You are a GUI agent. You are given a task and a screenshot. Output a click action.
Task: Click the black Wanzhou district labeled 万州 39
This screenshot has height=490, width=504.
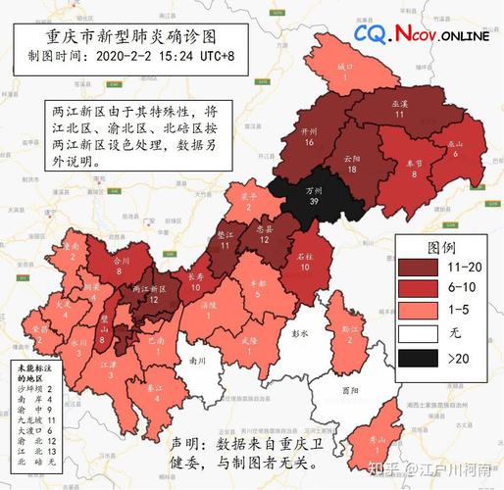314,195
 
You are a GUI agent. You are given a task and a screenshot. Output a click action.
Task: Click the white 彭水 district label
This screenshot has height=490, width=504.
301,333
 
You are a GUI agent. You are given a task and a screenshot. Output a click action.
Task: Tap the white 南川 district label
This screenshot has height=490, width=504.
200,361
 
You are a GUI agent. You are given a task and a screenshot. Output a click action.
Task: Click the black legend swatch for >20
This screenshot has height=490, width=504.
423,357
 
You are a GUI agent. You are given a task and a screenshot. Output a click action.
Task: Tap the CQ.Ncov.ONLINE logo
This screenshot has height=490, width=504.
422,35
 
